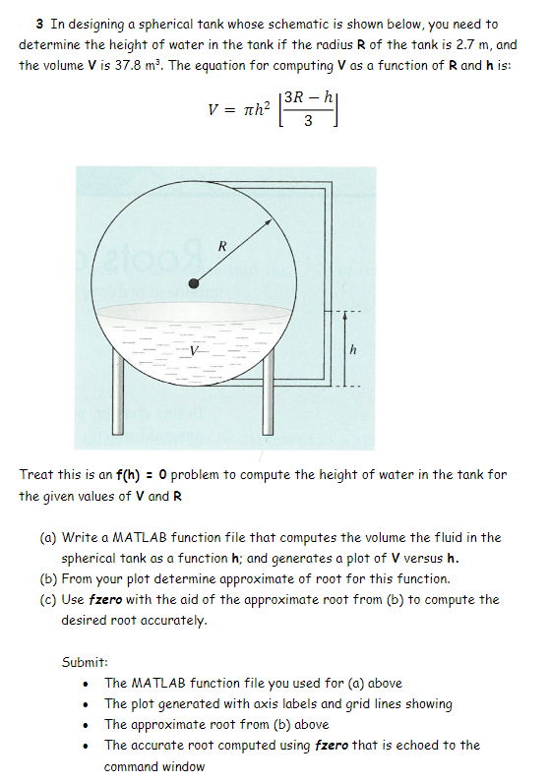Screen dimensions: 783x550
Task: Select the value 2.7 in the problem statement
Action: click(464, 45)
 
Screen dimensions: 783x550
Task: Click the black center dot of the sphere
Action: click(195, 283)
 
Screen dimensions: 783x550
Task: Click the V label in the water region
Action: click(194, 350)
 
